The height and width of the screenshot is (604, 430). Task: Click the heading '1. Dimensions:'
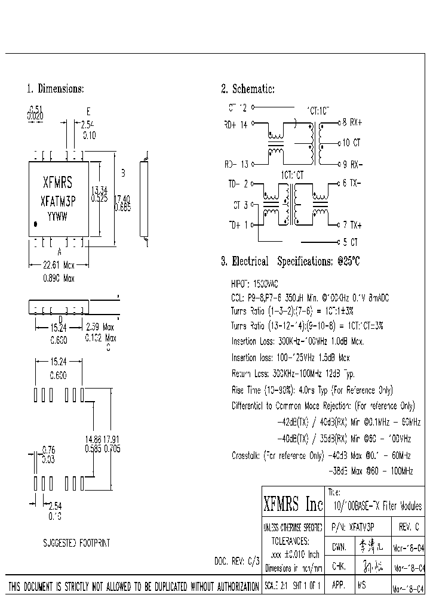click(x=55, y=89)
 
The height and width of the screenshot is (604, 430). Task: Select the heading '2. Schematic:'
click(x=247, y=89)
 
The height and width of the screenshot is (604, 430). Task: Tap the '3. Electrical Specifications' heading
click(x=290, y=261)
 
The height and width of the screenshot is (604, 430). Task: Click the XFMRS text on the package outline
click(x=58, y=183)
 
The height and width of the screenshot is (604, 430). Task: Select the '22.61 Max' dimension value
click(x=59, y=266)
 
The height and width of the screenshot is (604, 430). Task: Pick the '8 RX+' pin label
click(x=352, y=122)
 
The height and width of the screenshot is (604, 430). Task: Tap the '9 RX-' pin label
click(x=352, y=164)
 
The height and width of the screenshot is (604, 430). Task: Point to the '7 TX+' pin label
click(x=352, y=225)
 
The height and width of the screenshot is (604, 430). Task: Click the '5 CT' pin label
click(x=351, y=242)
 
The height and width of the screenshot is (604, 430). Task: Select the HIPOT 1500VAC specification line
click(x=254, y=283)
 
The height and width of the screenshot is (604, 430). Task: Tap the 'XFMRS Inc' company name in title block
click(x=293, y=504)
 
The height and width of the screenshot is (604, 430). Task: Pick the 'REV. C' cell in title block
click(x=408, y=528)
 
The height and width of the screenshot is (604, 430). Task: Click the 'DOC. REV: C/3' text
click(x=237, y=562)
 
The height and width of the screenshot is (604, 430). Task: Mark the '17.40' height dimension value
click(x=123, y=198)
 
